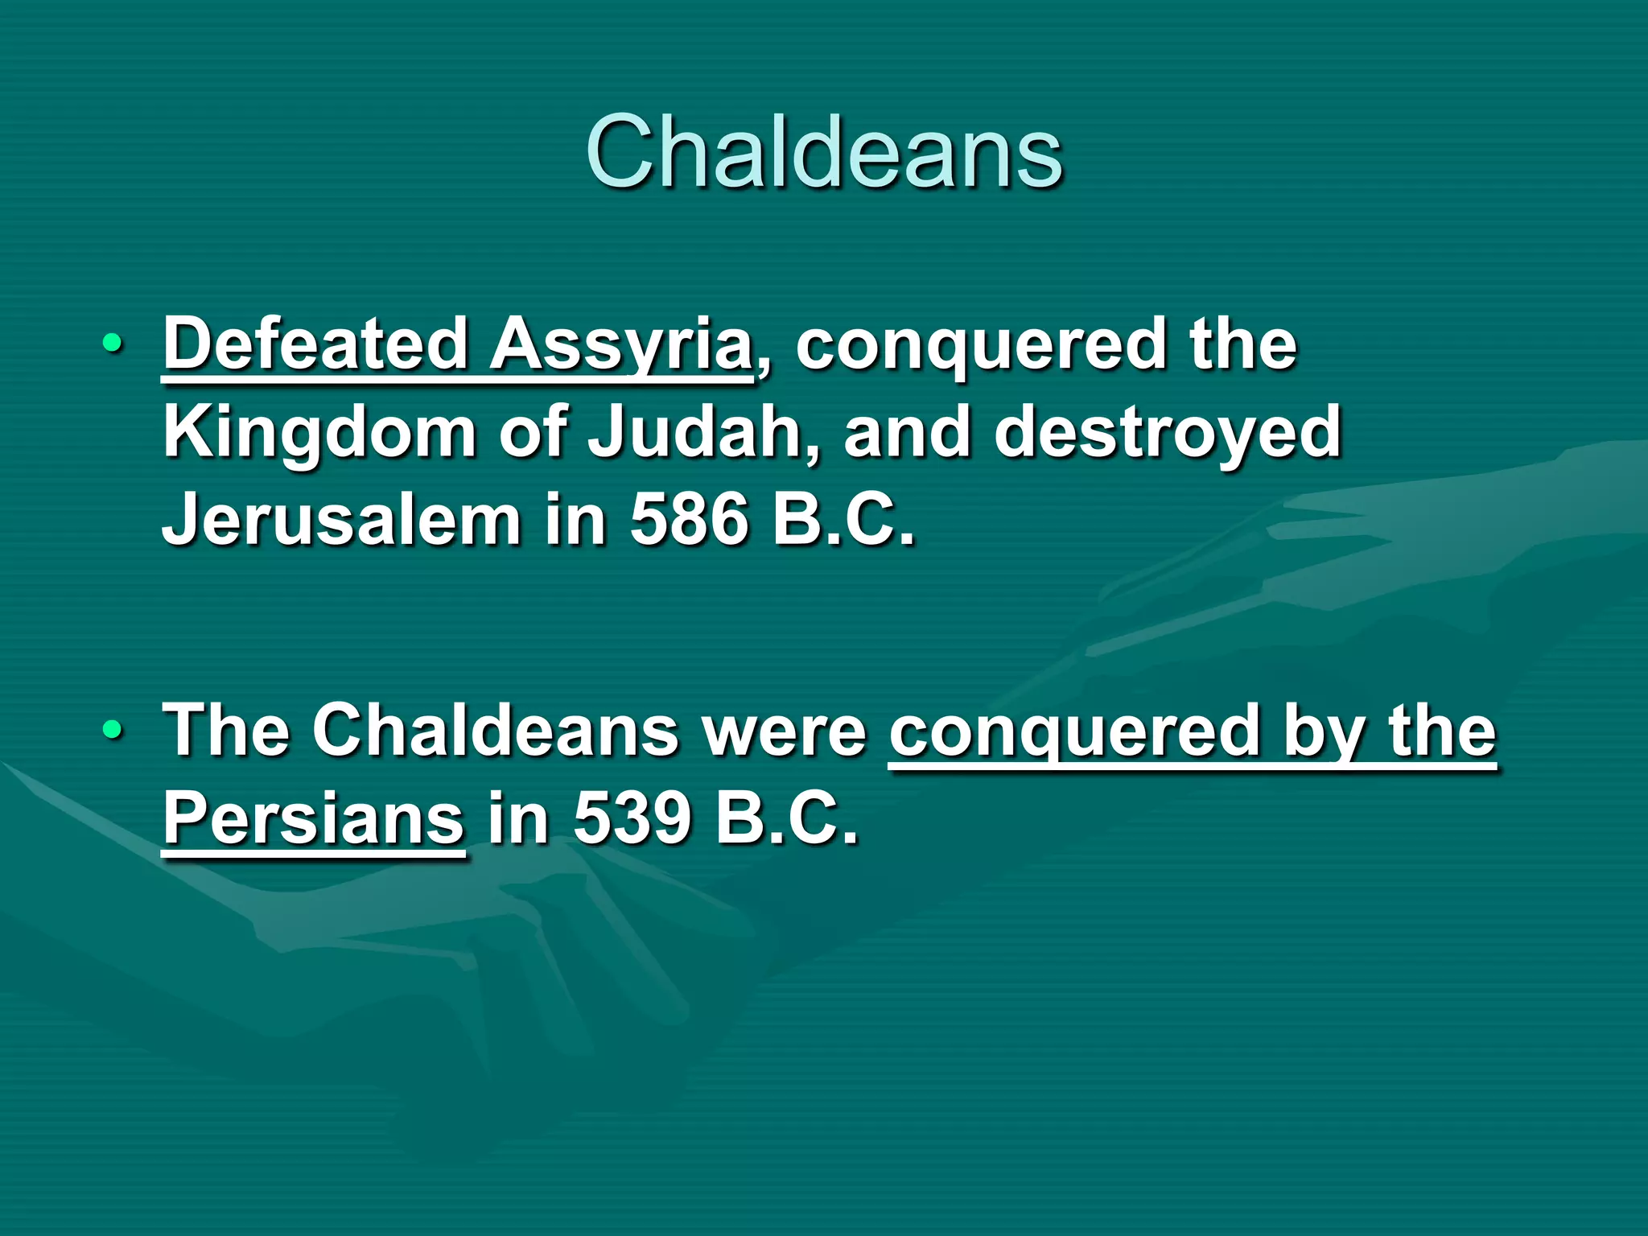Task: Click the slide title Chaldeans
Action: (824, 153)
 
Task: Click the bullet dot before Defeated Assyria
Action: (113, 345)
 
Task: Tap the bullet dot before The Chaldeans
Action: (113, 731)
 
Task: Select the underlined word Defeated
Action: (316, 344)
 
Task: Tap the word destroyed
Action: (1168, 433)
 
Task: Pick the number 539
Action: (632, 819)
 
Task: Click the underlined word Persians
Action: (314, 819)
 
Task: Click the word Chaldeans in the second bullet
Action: (496, 731)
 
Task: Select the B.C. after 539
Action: (787, 819)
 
